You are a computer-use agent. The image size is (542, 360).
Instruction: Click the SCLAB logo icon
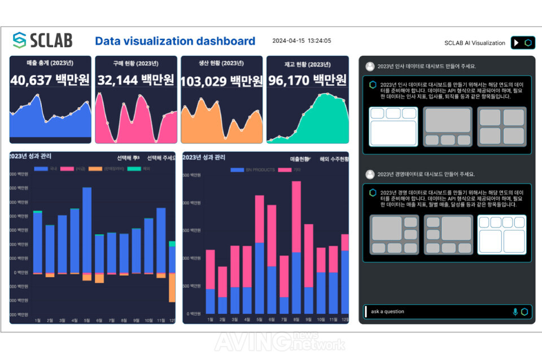point(20,40)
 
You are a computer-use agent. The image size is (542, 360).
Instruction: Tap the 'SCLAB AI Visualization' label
point(475,43)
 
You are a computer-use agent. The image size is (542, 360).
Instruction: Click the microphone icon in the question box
point(515,311)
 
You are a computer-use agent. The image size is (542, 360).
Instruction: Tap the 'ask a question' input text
point(388,311)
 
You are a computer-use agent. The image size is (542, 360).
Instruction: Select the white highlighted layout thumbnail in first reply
point(393,126)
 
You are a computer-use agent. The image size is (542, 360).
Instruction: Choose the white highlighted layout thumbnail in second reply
point(502,234)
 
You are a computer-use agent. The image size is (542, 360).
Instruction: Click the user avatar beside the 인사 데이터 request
point(370,66)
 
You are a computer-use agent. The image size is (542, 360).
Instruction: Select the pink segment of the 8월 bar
point(296,217)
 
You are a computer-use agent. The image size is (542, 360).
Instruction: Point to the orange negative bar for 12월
point(172,287)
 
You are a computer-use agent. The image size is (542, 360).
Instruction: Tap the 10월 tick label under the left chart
point(149,320)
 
